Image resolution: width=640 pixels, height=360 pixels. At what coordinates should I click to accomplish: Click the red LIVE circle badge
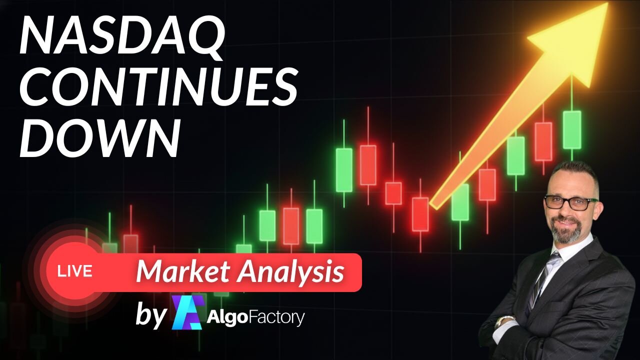pyautogui.click(x=75, y=271)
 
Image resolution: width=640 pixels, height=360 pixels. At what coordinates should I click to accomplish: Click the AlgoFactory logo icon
pyautogui.click(x=187, y=312)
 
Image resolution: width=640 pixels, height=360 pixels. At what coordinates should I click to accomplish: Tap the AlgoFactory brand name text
pyautogui.click(x=255, y=317)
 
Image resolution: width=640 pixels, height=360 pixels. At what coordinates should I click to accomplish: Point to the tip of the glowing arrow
pyautogui.click(x=605, y=6)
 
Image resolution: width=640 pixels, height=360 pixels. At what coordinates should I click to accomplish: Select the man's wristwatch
pyautogui.click(x=505, y=320)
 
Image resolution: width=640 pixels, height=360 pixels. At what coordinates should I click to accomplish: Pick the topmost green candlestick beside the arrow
pyautogui.click(x=572, y=129)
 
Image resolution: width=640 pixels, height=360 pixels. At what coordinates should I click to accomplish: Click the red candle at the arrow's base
pyautogui.click(x=420, y=214)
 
